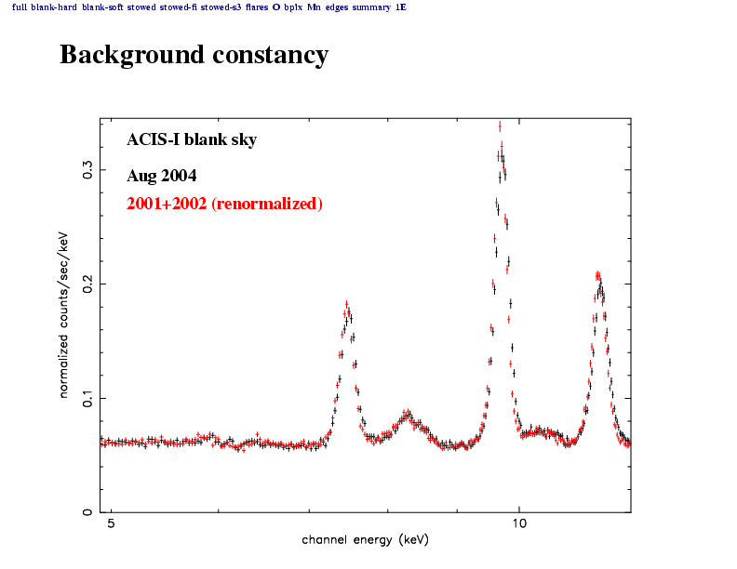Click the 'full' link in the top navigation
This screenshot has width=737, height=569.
point(20,7)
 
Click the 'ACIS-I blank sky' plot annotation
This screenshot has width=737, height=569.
point(192,140)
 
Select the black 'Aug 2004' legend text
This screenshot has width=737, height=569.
point(161,176)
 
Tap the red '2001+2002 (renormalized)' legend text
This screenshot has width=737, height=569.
point(224,204)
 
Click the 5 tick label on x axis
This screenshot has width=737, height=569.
point(111,524)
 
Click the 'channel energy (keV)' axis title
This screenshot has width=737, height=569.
point(365,540)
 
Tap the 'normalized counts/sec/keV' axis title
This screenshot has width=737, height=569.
point(65,314)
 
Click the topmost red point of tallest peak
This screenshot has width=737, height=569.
point(500,126)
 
